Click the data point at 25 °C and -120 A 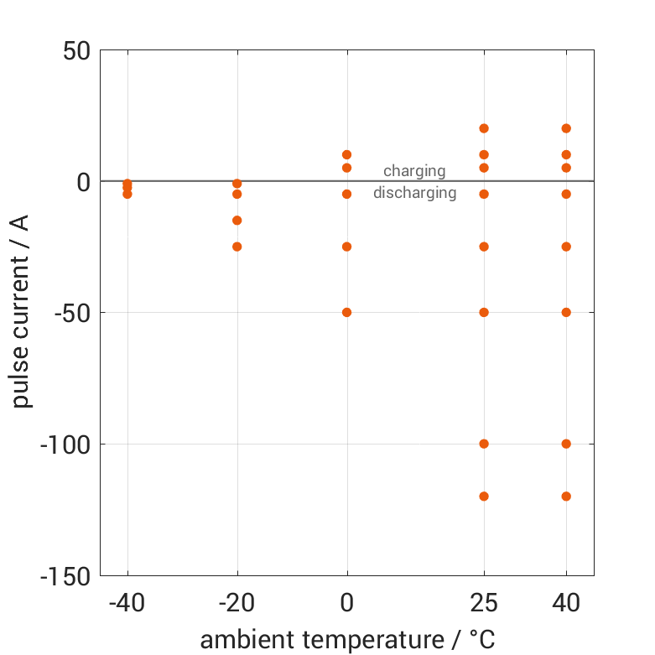(484, 496)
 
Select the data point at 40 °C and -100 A (566, 444)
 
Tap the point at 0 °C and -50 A (346, 312)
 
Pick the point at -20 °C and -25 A (237, 247)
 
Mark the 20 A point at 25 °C (484, 128)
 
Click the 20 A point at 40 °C (566, 128)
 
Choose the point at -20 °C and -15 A (237, 221)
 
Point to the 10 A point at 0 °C (346, 154)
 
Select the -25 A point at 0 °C (346, 247)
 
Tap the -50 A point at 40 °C (566, 312)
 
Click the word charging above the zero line (414, 171)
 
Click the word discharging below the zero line (414, 193)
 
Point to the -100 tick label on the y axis (65, 444)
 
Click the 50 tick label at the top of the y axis (76, 50)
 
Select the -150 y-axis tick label (65, 575)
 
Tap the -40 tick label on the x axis (127, 603)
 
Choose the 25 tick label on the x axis (484, 603)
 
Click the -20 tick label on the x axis (237, 603)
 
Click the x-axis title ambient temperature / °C (346, 639)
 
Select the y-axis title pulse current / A (23, 312)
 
